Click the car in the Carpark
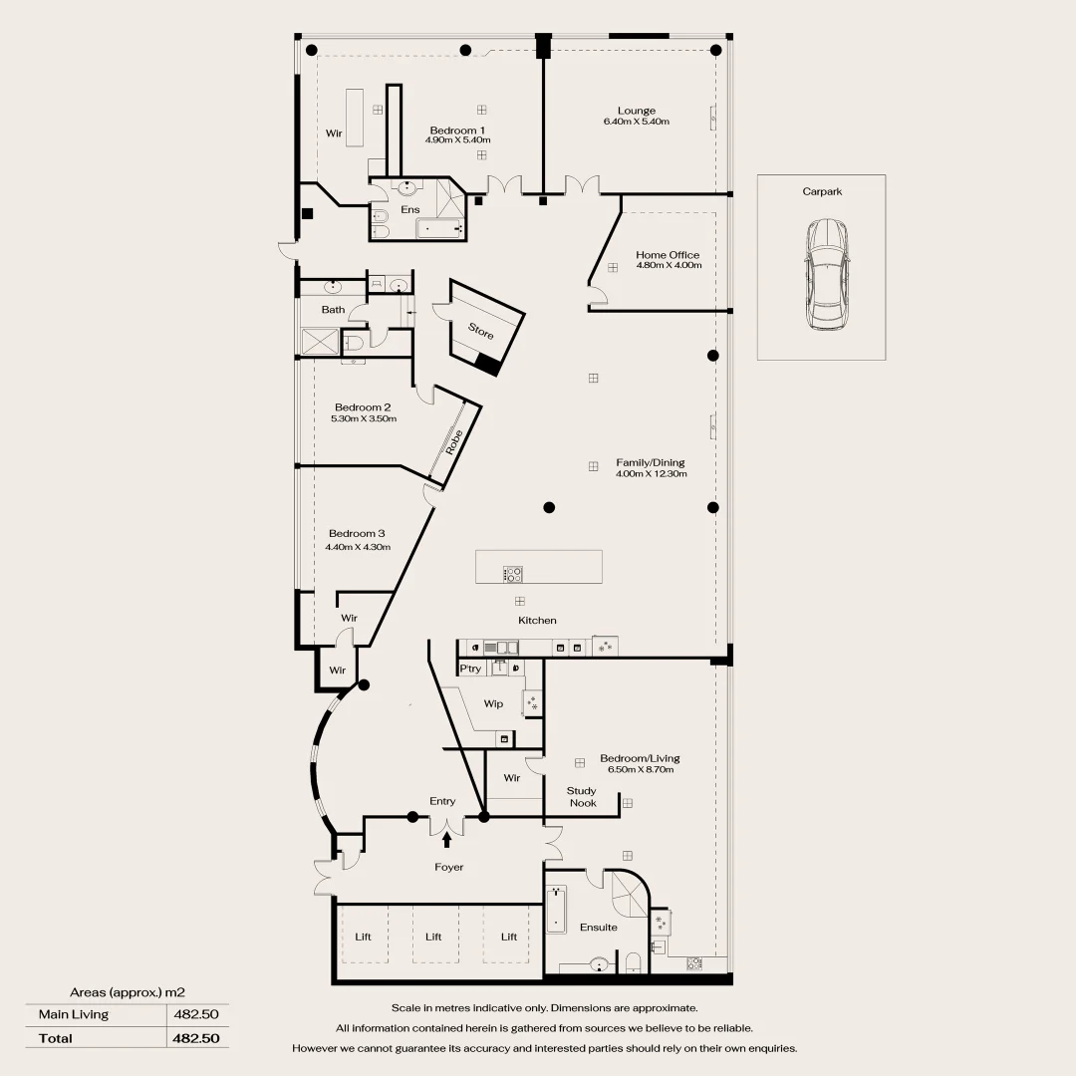(x=826, y=275)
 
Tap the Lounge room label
(x=636, y=111)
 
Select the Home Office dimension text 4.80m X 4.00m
(x=669, y=266)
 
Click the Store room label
(x=480, y=330)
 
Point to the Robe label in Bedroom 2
(x=455, y=441)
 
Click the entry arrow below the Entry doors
(x=446, y=840)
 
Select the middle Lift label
(x=433, y=937)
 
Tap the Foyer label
(x=448, y=868)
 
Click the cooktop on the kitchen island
(x=513, y=574)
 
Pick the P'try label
(x=470, y=669)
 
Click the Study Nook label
(x=583, y=797)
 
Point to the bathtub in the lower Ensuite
(x=556, y=910)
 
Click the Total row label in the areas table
(x=56, y=1038)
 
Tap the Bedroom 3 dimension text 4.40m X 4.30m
(x=358, y=547)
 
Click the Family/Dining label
(x=651, y=462)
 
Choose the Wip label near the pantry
(x=493, y=703)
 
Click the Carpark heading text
(x=822, y=191)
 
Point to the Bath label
(x=333, y=310)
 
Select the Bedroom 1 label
(x=457, y=131)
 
